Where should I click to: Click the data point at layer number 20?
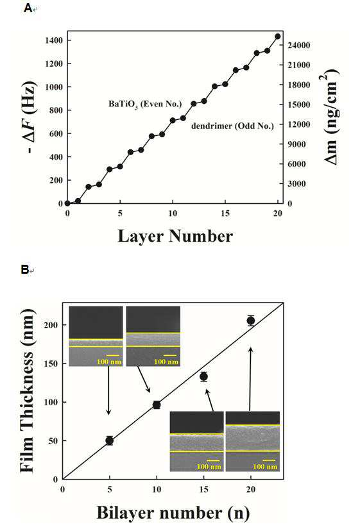[x=278, y=37]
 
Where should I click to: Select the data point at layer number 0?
[x=67, y=203]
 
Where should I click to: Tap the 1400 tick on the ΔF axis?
[x=54, y=40]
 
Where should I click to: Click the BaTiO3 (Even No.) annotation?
[x=145, y=104]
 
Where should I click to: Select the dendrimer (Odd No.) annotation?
[x=232, y=126]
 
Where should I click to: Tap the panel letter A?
[x=28, y=8]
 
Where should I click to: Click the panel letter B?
[x=25, y=269]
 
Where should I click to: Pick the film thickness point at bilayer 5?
[x=109, y=440]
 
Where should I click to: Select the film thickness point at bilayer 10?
[x=157, y=405]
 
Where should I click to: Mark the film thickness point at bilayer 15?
[x=203, y=376]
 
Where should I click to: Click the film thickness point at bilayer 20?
[x=251, y=321]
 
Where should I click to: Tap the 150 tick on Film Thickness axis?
[x=51, y=364]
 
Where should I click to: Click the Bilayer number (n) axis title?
[x=173, y=513]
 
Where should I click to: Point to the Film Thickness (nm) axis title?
[x=27, y=390]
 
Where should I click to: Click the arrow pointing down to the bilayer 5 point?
[x=108, y=390]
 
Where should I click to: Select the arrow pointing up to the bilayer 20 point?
[x=250, y=379]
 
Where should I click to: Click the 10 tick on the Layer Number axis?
[x=173, y=213]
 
